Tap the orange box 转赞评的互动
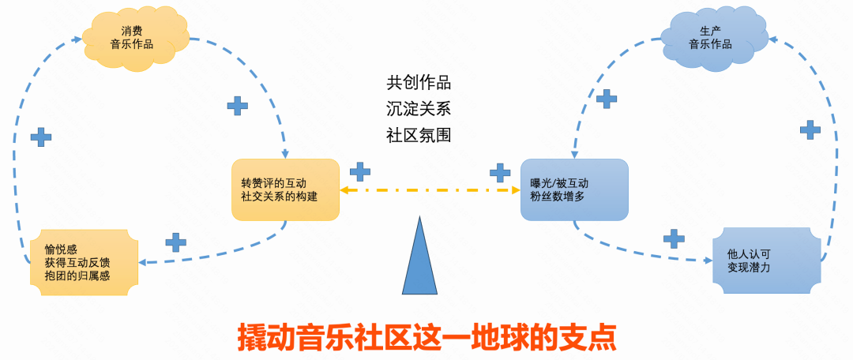pos(285,189)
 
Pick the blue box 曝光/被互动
pos(574,189)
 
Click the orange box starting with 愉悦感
pos(83,262)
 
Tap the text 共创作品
pos(419,82)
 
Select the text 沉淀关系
pos(419,108)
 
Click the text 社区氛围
pos(419,134)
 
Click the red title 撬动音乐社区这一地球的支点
pos(426,336)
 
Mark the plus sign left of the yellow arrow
pos(360,171)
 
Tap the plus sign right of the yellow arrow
pos(499,171)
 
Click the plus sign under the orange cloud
pos(237,105)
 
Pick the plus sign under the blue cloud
pos(606,99)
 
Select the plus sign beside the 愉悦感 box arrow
pos(175,242)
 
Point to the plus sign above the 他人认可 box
pos(674,238)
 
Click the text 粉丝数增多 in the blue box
pos(557,197)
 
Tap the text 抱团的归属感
pos(79,276)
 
